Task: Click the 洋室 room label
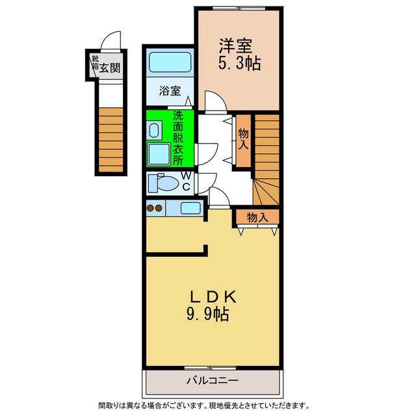point(235,45)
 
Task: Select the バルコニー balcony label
point(212,380)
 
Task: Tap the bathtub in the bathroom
point(170,63)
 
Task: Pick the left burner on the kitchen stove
point(151,209)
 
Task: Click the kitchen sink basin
point(190,209)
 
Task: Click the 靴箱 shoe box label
point(94,62)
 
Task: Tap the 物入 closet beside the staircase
point(244,138)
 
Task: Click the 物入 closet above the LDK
point(258,217)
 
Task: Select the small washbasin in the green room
point(153,130)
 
